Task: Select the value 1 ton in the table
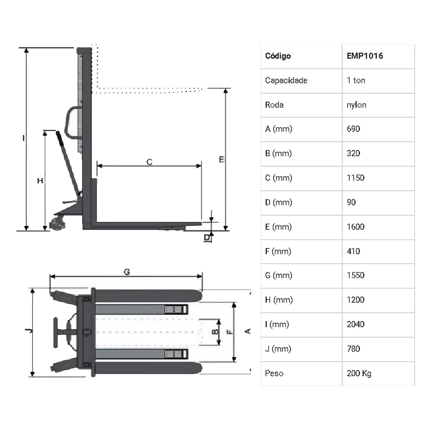coord(356,81)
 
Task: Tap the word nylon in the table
coord(356,105)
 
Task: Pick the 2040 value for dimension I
coord(356,325)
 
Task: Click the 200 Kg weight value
coord(359,374)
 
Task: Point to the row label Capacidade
coord(286,81)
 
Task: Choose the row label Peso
coord(274,373)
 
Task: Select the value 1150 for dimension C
coord(356,178)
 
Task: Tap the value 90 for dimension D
coord(351,202)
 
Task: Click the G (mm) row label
coord(279,275)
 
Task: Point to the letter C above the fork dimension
coord(149,162)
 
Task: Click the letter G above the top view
coord(127,272)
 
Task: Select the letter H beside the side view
coord(40,181)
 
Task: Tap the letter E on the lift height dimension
coord(222,159)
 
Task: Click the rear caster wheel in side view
coord(57,224)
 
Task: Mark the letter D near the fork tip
coord(207,237)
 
